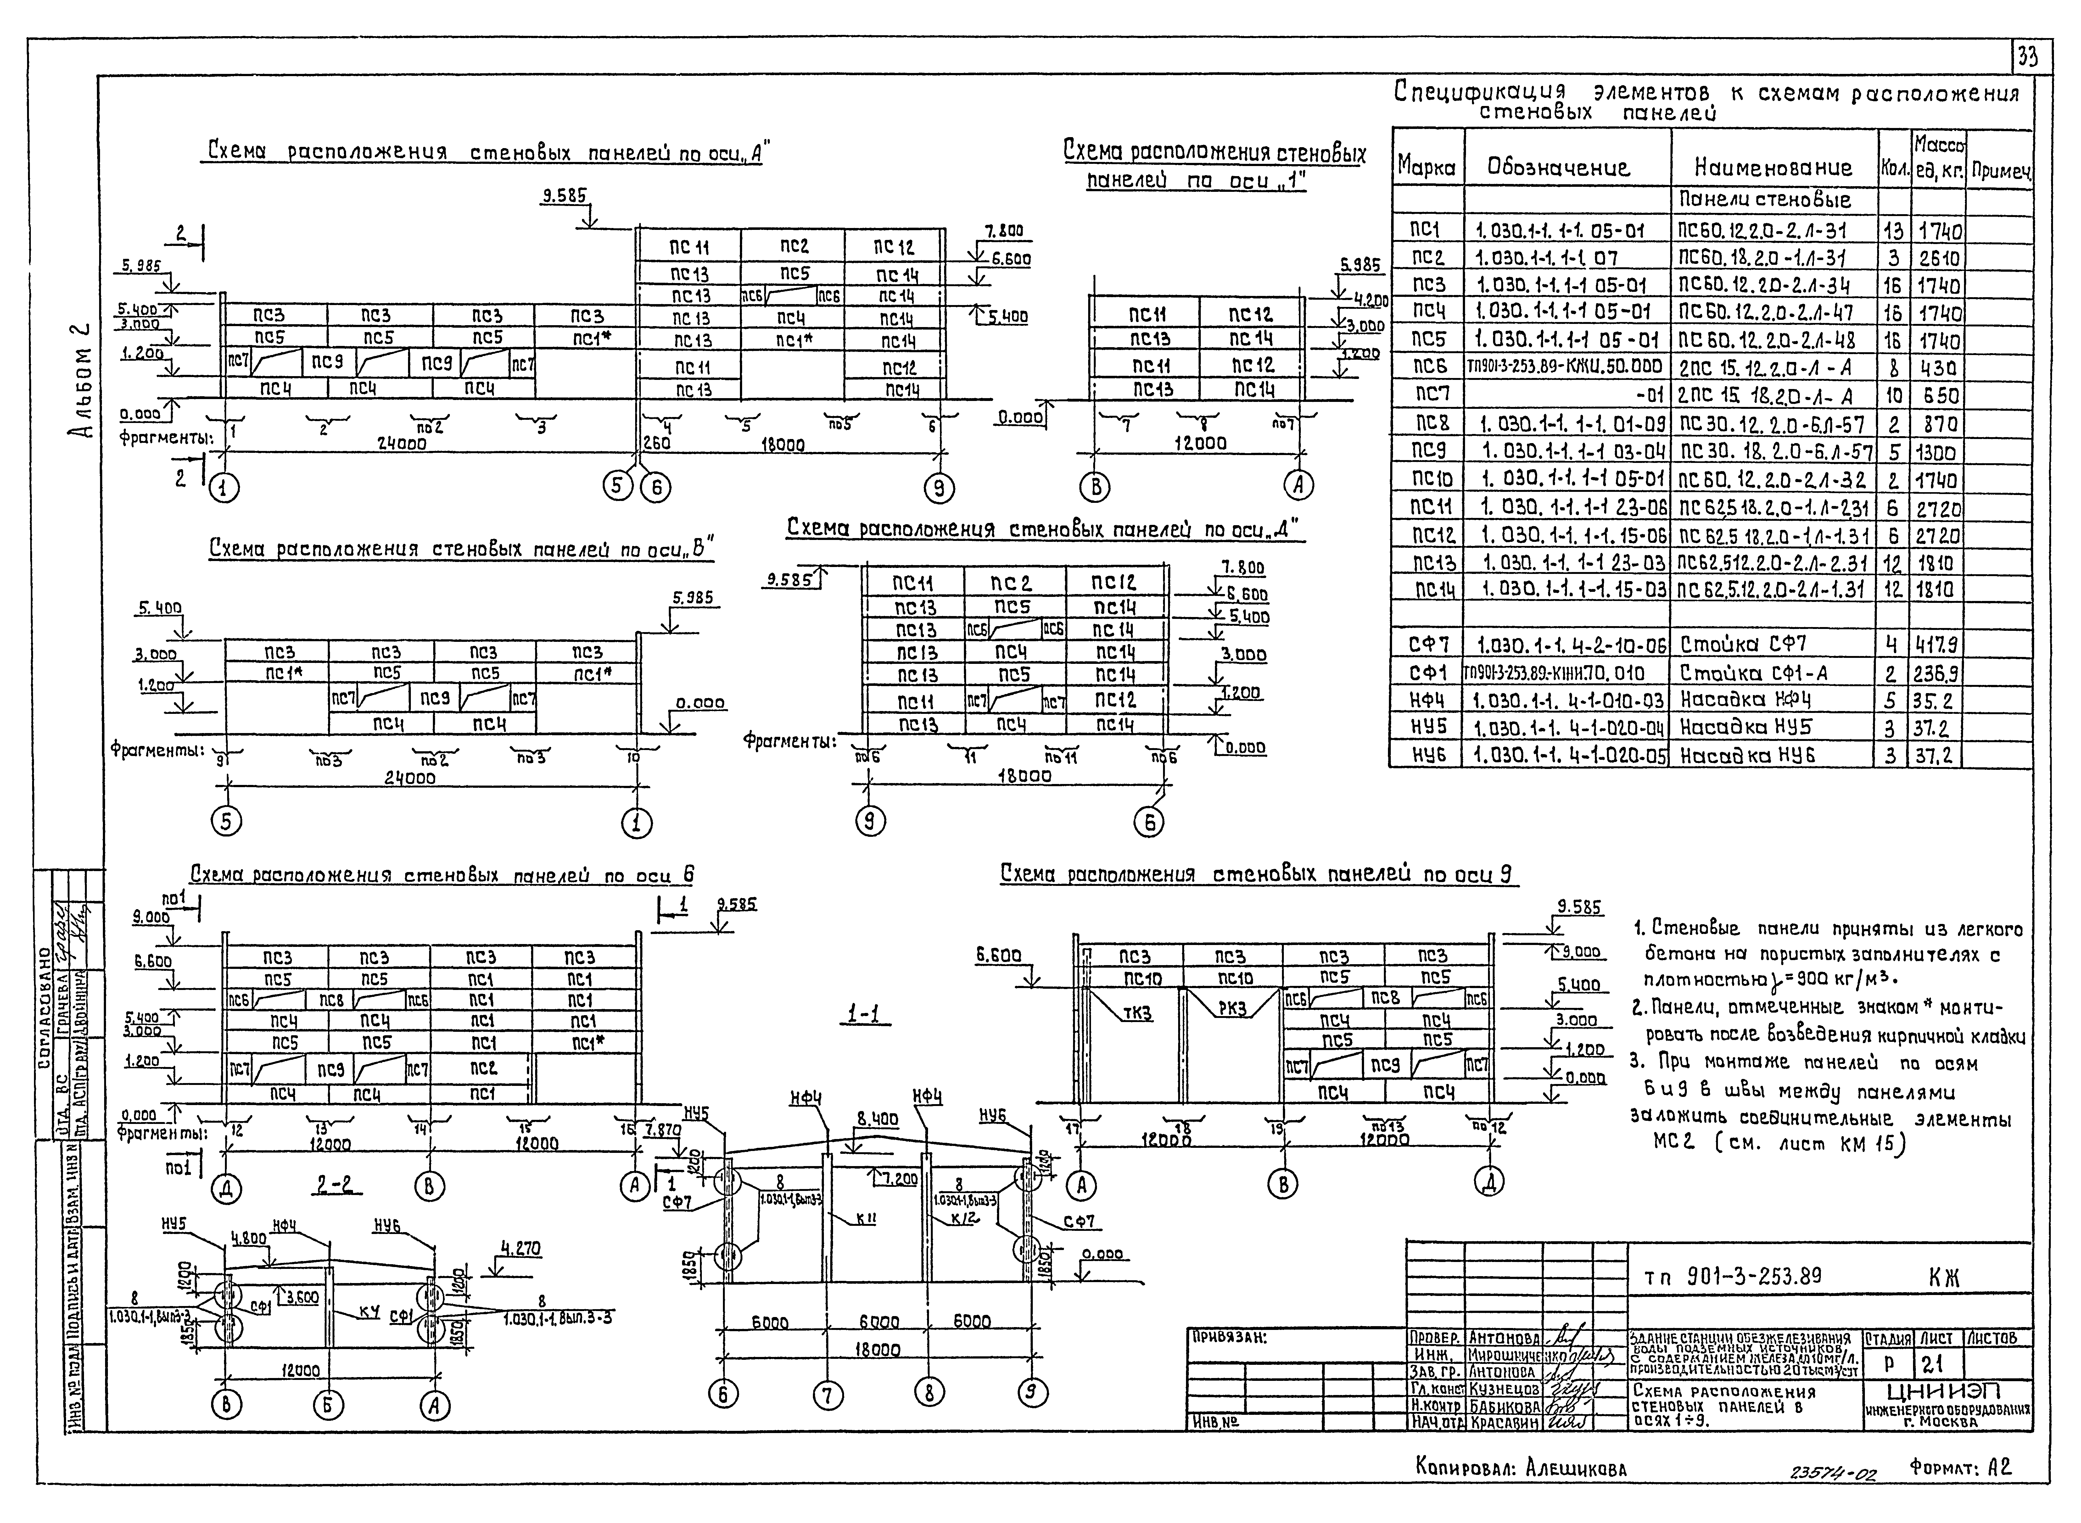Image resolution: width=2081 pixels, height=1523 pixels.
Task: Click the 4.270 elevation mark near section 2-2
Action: pyautogui.click(x=521, y=1249)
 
